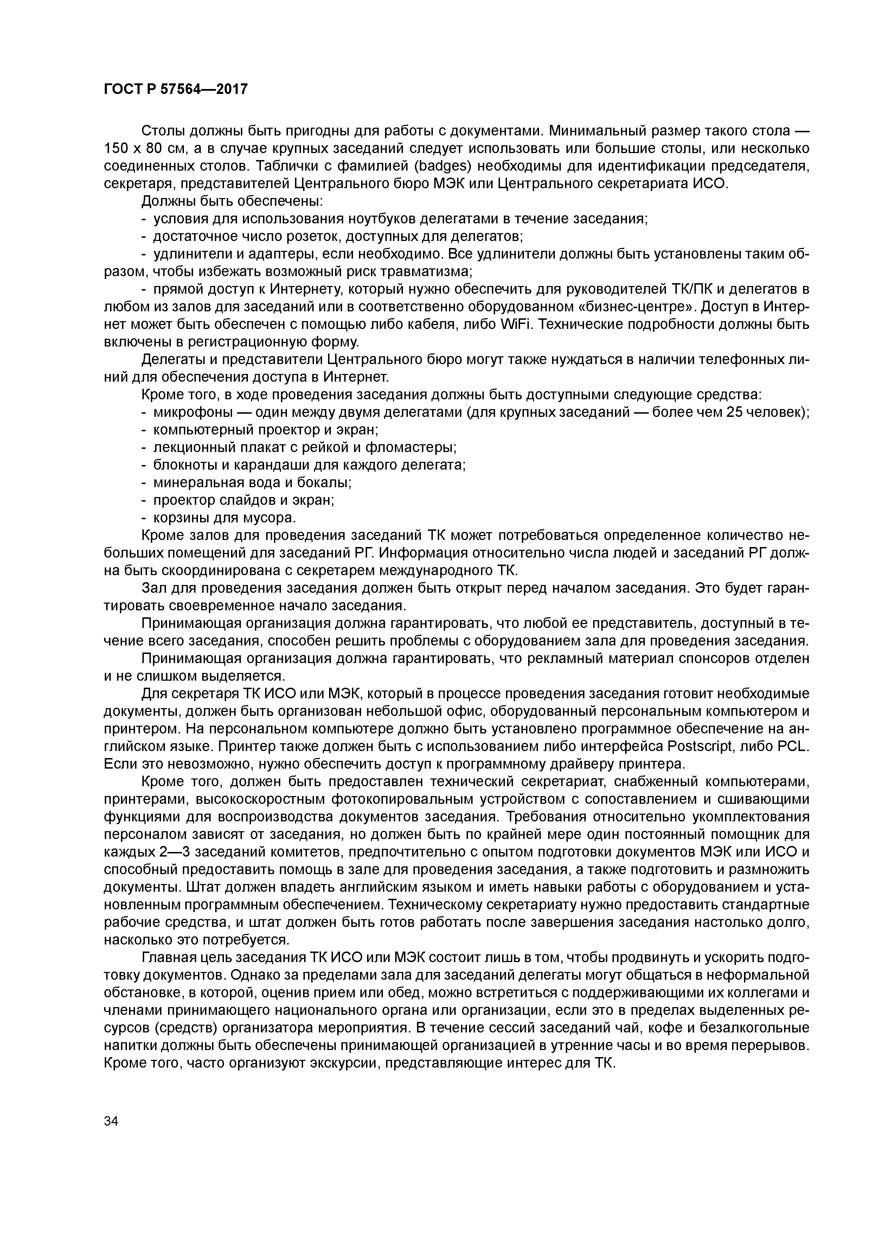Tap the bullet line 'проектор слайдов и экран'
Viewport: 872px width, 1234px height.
243,500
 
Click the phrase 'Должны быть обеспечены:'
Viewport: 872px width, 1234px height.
232,202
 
